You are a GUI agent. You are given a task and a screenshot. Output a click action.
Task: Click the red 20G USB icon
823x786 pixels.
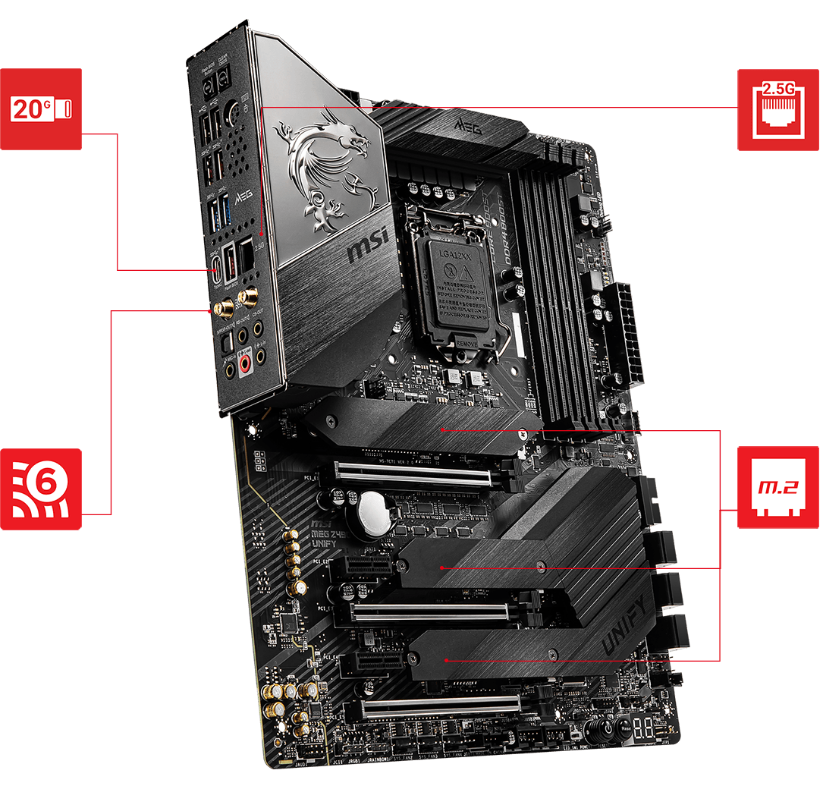pyautogui.click(x=41, y=108)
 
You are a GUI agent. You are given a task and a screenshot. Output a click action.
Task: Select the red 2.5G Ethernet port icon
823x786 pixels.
pyautogui.click(x=778, y=108)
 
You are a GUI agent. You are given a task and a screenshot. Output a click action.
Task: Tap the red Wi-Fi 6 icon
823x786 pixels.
pyautogui.click(x=41, y=489)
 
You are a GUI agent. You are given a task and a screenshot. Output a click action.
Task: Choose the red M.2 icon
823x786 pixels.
pyautogui.click(x=778, y=487)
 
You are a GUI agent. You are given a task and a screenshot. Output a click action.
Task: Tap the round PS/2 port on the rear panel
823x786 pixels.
pyautogui.click(x=233, y=112)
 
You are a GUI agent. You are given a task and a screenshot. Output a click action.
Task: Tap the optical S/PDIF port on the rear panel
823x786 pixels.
pyautogui.click(x=225, y=343)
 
